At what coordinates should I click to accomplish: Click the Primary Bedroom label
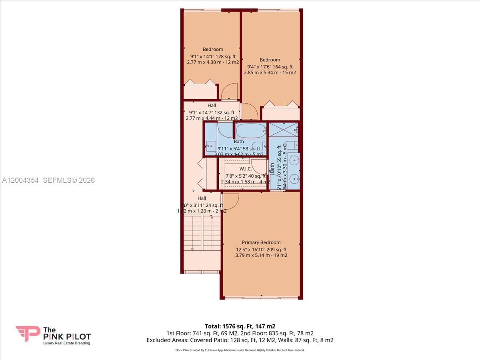coord(261,242)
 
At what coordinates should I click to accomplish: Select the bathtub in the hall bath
coord(251,131)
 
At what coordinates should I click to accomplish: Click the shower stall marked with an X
coord(283,130)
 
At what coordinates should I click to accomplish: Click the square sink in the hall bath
coord(211,146)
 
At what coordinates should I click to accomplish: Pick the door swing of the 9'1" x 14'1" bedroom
coord(230,92)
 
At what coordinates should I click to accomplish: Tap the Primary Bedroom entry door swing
coord(231,201)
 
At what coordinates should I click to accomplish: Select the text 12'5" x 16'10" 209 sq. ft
coord(261,249)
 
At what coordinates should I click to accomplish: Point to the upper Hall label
coord(212,105)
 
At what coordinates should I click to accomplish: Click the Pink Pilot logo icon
coord(28,334)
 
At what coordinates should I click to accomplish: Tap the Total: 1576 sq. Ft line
coord(240,326)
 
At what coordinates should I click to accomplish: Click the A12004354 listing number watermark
coord(20,180)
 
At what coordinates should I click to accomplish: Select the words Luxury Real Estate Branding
coord(66,343)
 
